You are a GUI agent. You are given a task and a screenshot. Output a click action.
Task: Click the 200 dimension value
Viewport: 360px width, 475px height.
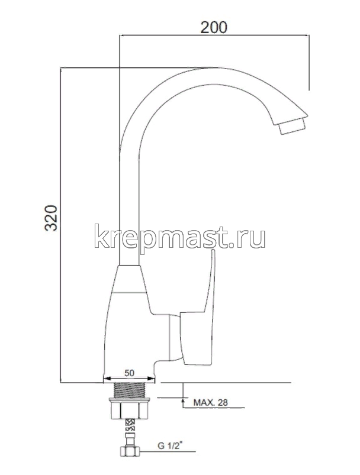click(x=214, y=27)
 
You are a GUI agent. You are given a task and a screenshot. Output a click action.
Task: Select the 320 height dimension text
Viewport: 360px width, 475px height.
click(x=52, y=219)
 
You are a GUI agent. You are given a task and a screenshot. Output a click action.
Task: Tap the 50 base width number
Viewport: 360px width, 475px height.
click(x=130, y=373)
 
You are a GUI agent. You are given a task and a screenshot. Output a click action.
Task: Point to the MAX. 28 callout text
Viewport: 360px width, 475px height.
click(x=210, y=404)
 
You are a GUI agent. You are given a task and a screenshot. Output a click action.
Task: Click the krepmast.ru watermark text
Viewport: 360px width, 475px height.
click(x=179, y=237)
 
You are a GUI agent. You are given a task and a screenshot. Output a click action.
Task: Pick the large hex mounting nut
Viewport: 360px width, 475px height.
click(x=130, y=409)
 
